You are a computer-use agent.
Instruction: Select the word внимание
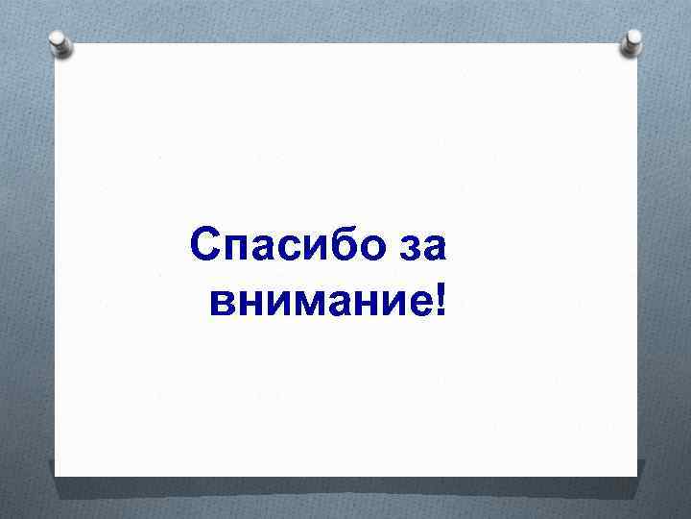point(317,303)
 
